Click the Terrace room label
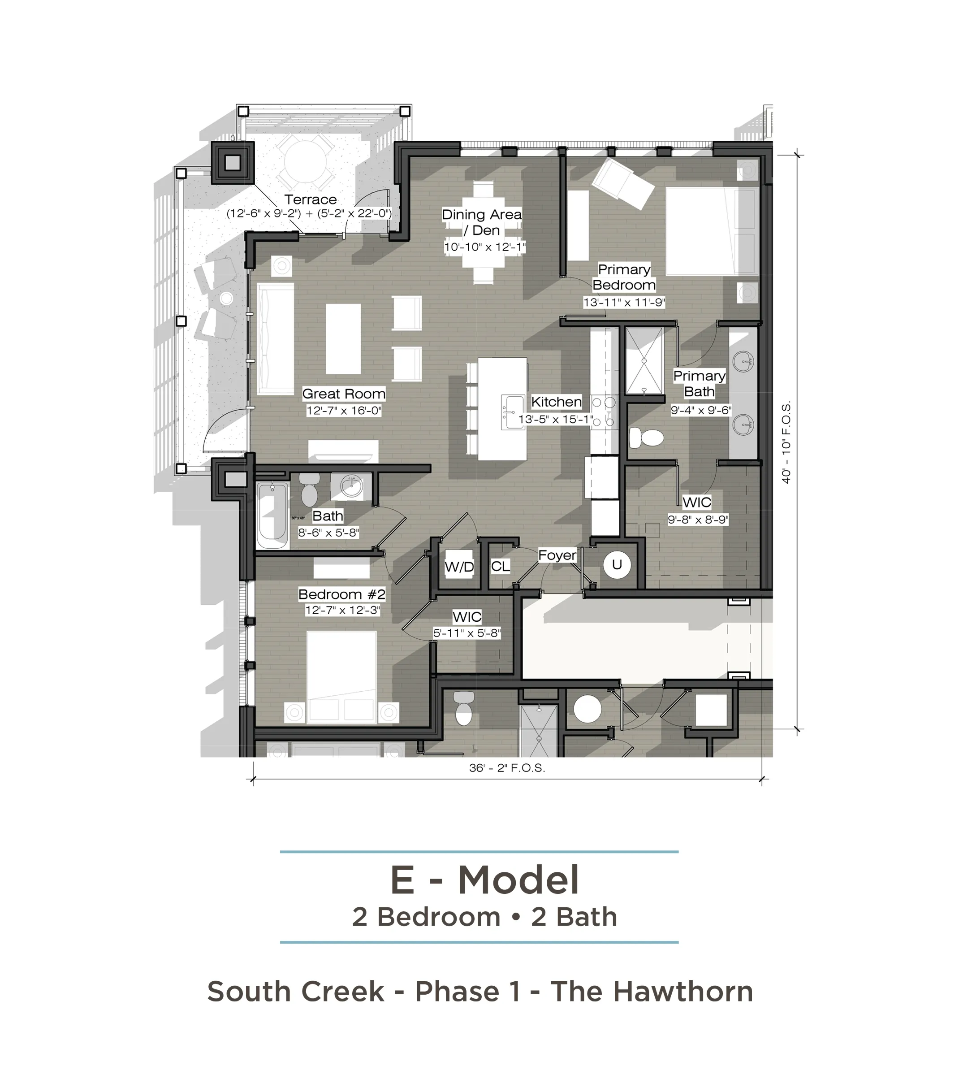coord(310,200)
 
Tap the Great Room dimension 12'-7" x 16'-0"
coord(344,410)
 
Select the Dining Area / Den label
coord(482,222)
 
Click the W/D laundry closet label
coord(459,567)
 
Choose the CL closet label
coord(500,566)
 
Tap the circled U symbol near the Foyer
coord(617,565)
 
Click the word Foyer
coord(557,555)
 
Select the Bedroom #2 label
coord(342,594)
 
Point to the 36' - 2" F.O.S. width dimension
coord(507,768)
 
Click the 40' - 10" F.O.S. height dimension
coord(786,442)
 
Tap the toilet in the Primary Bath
coord(646,438)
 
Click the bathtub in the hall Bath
coord(272,516)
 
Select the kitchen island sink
coord(514,412)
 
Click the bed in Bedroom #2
coord(342,677)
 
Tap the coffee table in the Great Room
coord(343,339)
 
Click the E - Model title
coord(484,880)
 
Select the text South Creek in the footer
coord(295,992)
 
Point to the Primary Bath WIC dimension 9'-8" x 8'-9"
coord(698,519)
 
